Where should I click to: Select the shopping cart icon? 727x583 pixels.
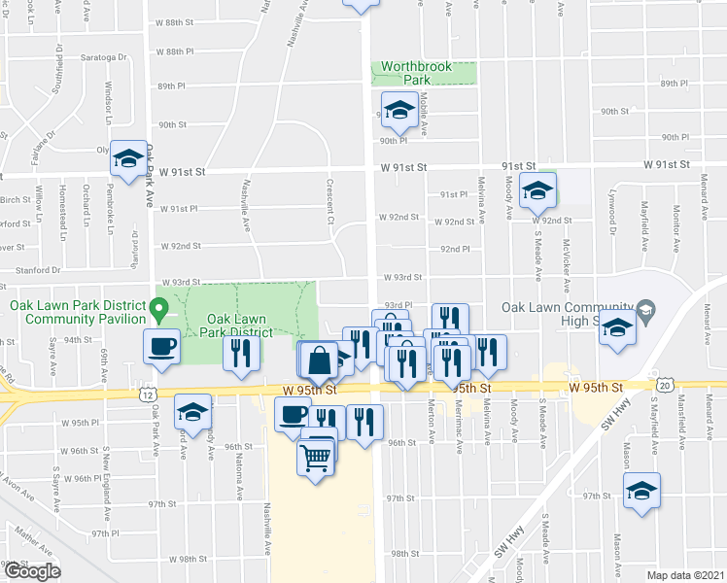[317, 454]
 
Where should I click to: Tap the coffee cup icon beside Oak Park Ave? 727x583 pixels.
[162, 345]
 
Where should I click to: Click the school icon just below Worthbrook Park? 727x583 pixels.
[398, 112]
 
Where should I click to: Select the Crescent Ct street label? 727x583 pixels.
[330, 203]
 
